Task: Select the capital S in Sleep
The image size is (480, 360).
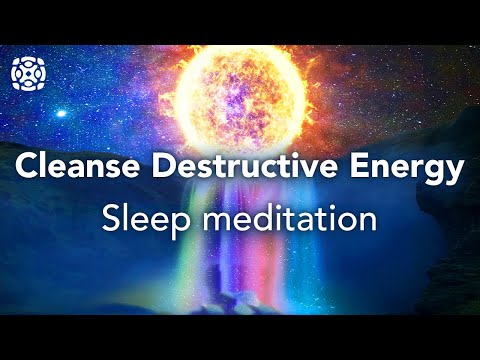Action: tap(111, 219)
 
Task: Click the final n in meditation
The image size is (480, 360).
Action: tap(368, 221)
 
